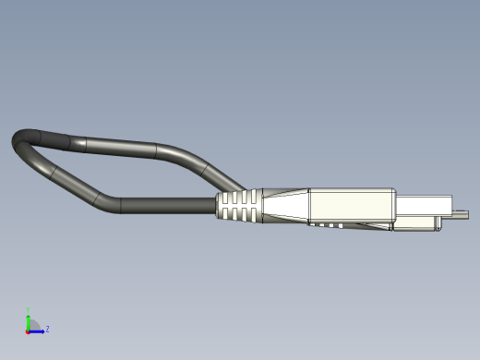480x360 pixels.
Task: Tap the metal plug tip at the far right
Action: point(460,216)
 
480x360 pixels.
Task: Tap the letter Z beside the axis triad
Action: point(47,329)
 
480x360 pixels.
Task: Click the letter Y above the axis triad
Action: point(29,310)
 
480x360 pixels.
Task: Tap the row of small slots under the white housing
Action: point(328,223)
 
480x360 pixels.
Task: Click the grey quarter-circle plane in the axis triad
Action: point(33,325)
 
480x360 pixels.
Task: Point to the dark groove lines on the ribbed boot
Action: point(242,209)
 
